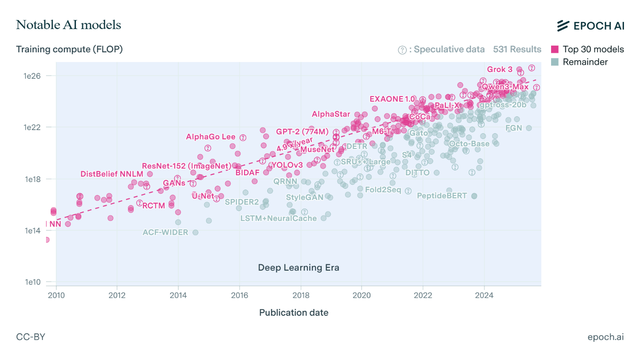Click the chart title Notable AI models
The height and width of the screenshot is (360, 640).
coord(68,25)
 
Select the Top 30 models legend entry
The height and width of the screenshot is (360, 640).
coord(587,50)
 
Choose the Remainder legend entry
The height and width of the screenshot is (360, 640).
coord(579,62)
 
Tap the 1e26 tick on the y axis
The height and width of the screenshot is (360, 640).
coord(32,76)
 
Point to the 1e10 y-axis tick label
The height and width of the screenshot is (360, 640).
coord(32,283)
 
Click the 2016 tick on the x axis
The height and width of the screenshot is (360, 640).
coord(240,295)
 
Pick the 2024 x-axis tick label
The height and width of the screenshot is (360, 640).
coord(484,295)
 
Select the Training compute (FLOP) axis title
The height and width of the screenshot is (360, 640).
coord(69,49)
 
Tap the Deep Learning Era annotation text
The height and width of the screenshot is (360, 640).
coord(299,268)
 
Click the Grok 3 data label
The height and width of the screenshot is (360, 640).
coord(500,69)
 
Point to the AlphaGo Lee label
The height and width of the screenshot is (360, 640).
coord(211,137)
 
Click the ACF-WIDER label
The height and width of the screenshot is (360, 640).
coord(165,233)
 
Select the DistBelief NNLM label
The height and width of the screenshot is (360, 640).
coord(112,174)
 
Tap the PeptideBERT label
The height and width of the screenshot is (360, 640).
coord(442,196)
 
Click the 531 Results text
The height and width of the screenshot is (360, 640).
coord(517,49)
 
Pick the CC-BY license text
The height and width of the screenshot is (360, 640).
coord(30,337)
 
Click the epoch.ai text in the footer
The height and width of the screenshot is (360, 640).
coord(606,337)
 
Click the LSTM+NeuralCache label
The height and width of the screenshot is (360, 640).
coord(278,219)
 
